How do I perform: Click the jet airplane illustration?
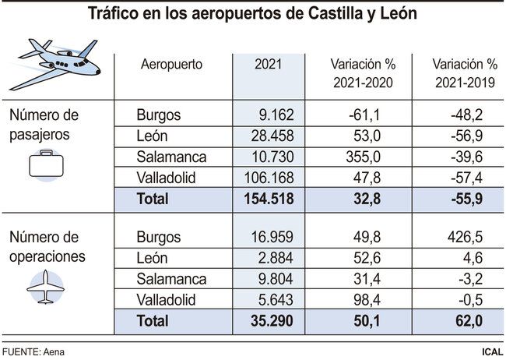pyautogui.click(x=58, y=63)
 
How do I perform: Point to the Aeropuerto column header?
pyautogui.click(x=171, y=65)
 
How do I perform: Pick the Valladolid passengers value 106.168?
pyautogui.click(x=265, y=178)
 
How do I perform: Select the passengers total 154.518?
pyautogui.click(x=265, y=199)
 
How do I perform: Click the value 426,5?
pyautogui.click(x=465, y=237)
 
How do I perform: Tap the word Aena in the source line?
pyautogui.click(x=53, y=351)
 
